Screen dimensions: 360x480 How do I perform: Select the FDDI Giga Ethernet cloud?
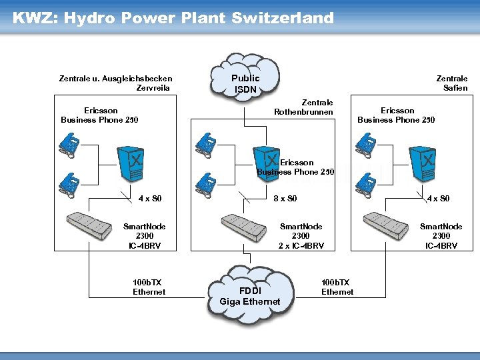click(x=250, y=294)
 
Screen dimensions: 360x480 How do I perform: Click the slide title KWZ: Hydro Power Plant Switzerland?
click(x=173, y=18)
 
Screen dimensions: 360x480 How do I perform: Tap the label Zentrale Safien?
click(x=451, y=83)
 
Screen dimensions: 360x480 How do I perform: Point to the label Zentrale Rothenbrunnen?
click(x=303, y=107)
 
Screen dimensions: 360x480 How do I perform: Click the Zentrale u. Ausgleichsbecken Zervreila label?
click(x=115, y=83)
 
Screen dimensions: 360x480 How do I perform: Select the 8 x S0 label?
click(x=285, y=199)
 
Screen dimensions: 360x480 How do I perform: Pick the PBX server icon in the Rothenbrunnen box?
click(x=267, y=162)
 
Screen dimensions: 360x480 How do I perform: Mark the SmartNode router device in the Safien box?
click(x=385, y=225)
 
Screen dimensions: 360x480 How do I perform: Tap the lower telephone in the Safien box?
click(x=367, y=183)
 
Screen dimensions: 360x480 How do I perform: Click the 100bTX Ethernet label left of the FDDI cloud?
click(x=149, y=287)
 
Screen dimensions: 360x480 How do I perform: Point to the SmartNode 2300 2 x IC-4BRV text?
click(x=301, y=236)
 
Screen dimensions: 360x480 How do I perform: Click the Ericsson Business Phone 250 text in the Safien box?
click(x=397, y=115)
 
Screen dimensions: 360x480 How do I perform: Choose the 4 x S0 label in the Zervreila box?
click(x=150, y=199)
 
